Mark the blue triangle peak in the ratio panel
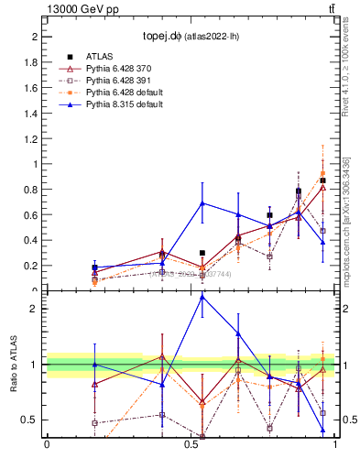[202, 297]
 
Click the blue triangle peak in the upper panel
[202, 202]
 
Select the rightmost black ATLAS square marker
[322, 180]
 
